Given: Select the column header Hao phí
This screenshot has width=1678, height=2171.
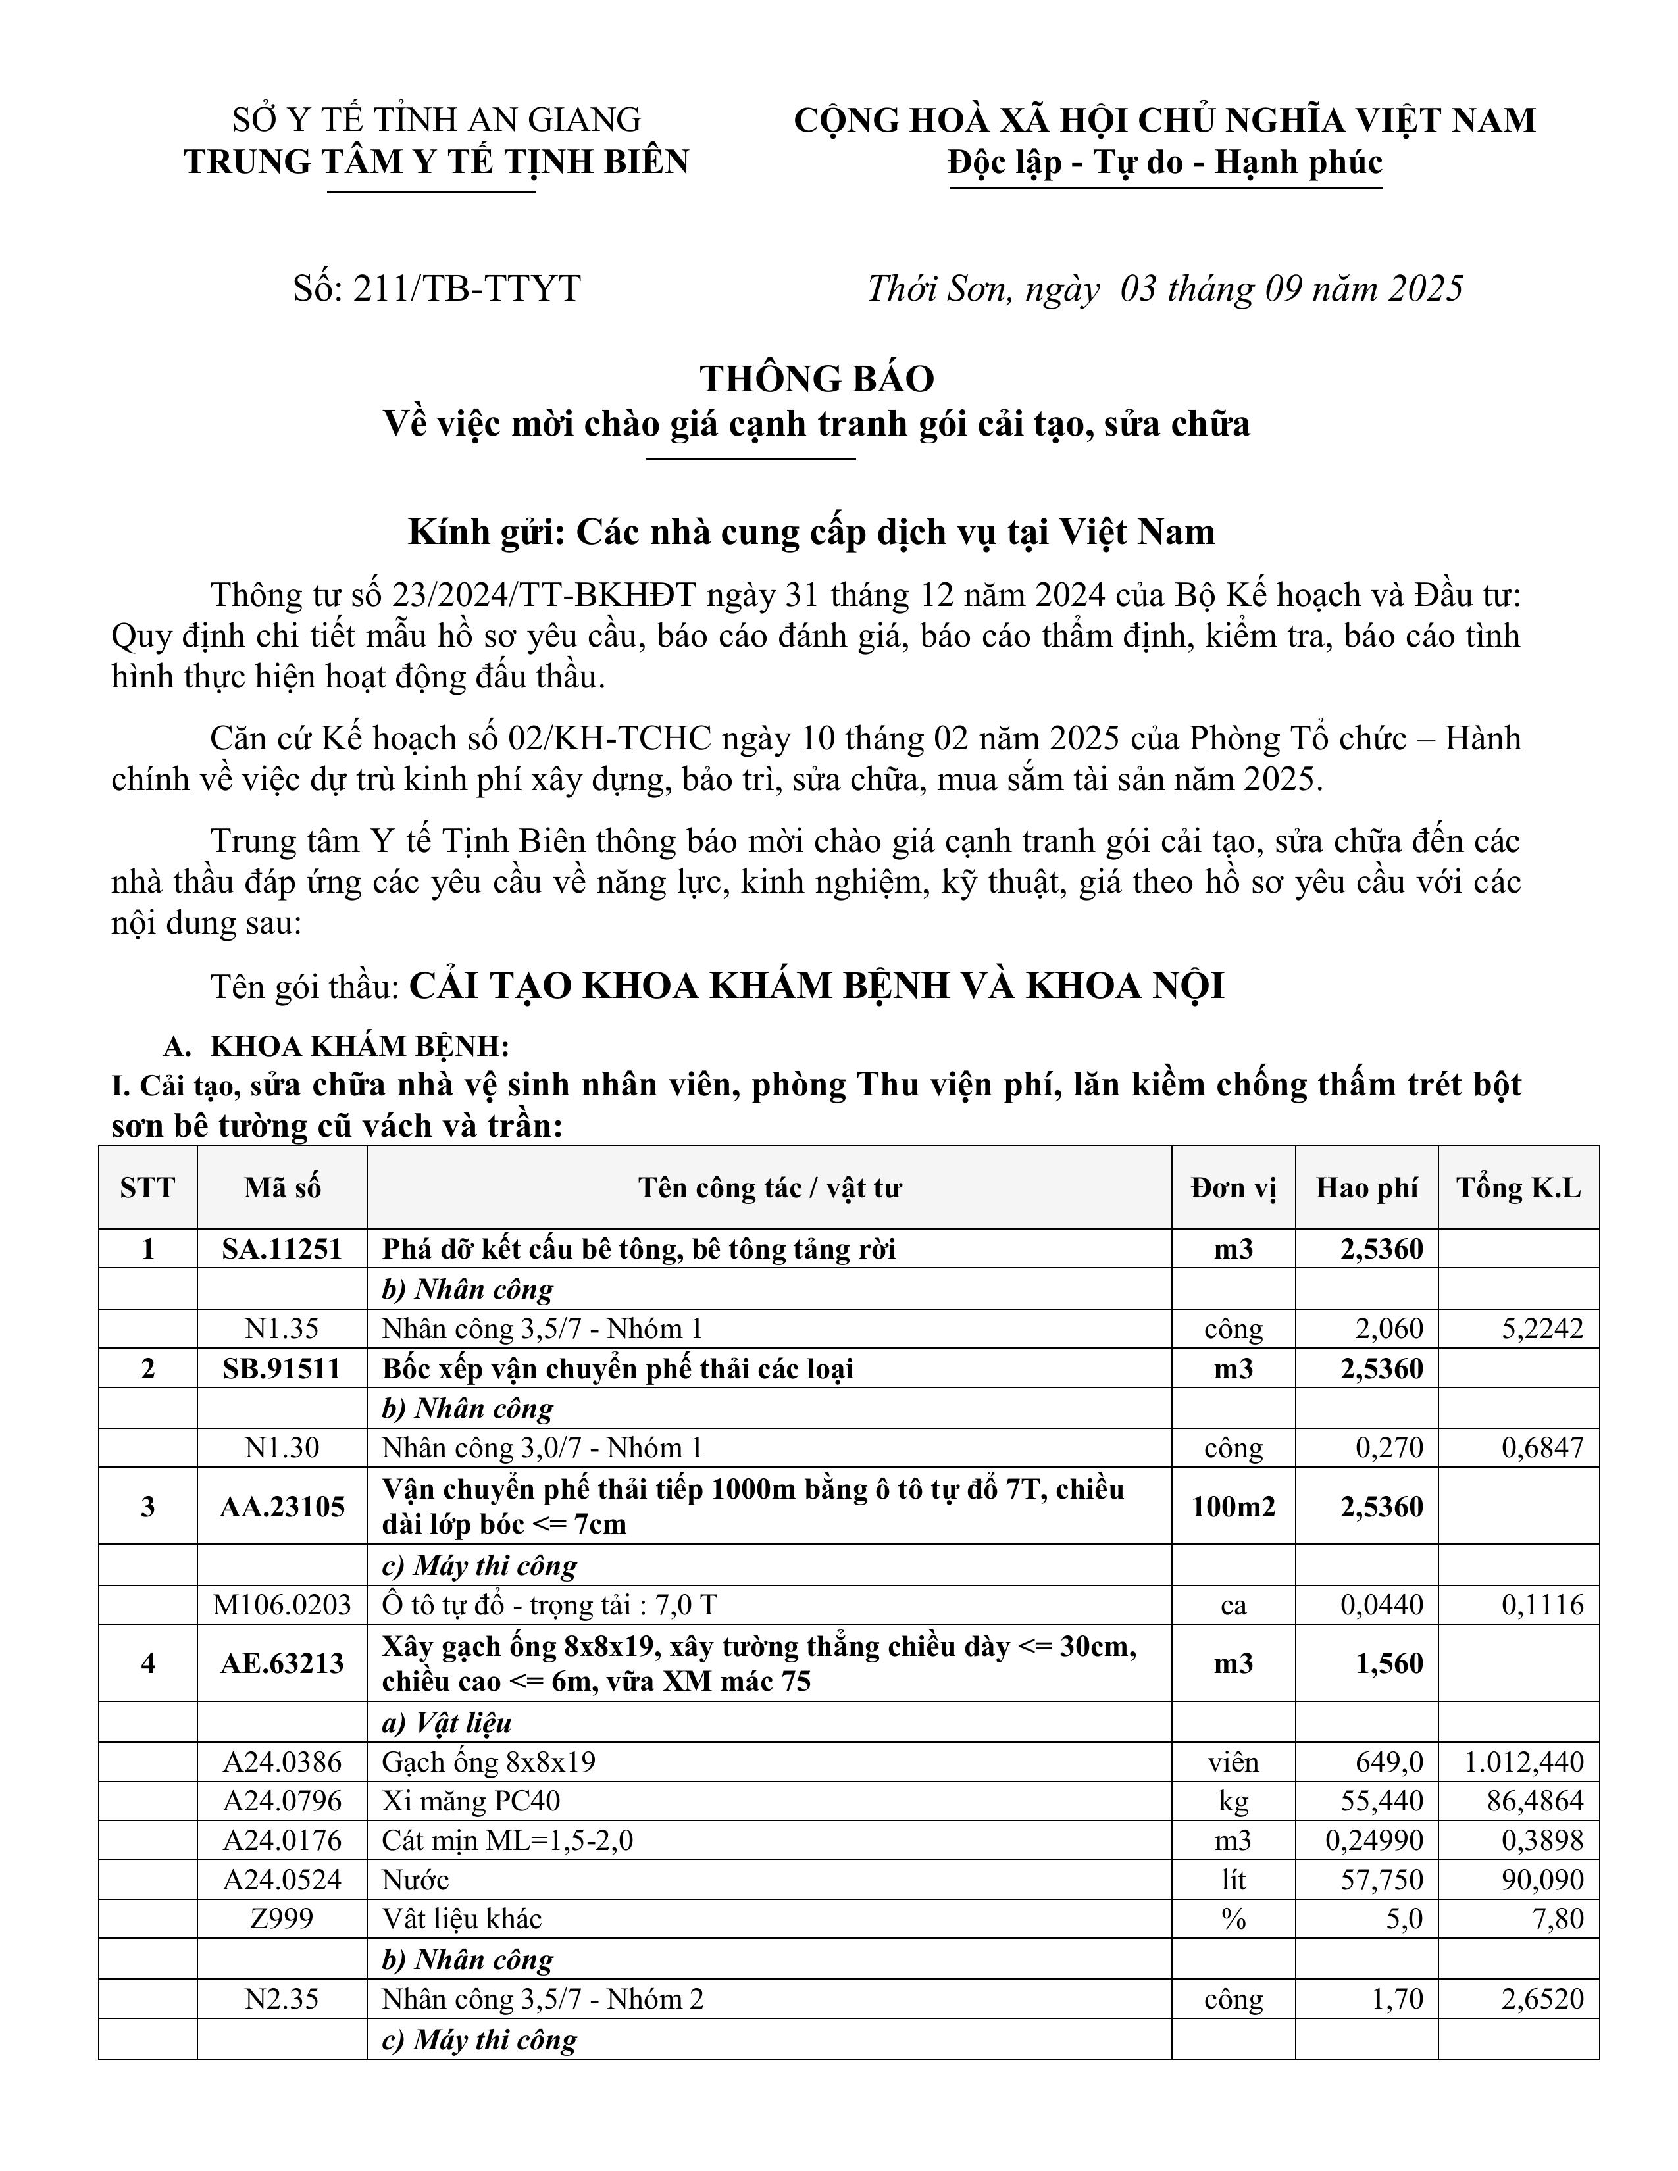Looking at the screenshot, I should click(1366, 1188).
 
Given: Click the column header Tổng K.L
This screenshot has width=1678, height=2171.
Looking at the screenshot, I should click(1518, 1188).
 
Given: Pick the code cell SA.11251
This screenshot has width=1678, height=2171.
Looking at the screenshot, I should click(282, 1249).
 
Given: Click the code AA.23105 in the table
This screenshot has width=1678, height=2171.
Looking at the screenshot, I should click(282, 1506).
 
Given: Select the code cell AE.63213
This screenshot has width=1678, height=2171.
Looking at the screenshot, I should click(282, 1663).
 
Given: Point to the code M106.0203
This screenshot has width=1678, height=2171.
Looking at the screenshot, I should click(282, 1605).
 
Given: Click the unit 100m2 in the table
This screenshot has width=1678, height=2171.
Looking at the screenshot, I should click(1233, 1506).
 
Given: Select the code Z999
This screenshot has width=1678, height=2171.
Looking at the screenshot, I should click(282, 1918).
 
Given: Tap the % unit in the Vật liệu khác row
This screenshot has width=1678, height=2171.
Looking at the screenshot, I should click(1233, 1918).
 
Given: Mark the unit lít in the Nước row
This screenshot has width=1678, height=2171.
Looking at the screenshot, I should click(1233, 1880).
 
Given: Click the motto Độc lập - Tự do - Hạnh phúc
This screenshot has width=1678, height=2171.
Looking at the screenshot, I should click(1165, 162).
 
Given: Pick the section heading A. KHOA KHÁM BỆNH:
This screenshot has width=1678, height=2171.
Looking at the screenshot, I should click(336, 1047).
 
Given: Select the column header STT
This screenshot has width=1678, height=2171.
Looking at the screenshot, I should click(147, 1188).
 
